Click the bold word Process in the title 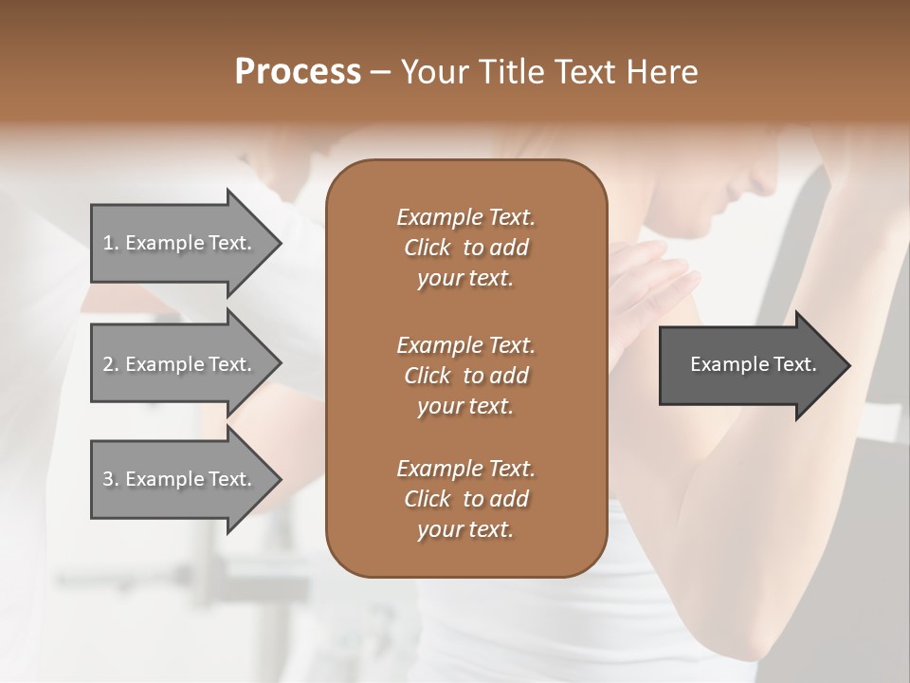tap(298, 72)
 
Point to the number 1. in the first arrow tap(110, 243)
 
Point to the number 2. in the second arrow tap(110, 364)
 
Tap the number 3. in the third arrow tap(110, 479)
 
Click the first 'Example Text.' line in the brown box tap(465, 217)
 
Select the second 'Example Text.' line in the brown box tap(465, 344)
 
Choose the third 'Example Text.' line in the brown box tap(465, 469)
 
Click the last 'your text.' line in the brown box tap(465, 530)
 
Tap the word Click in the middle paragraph tap(427, 376)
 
